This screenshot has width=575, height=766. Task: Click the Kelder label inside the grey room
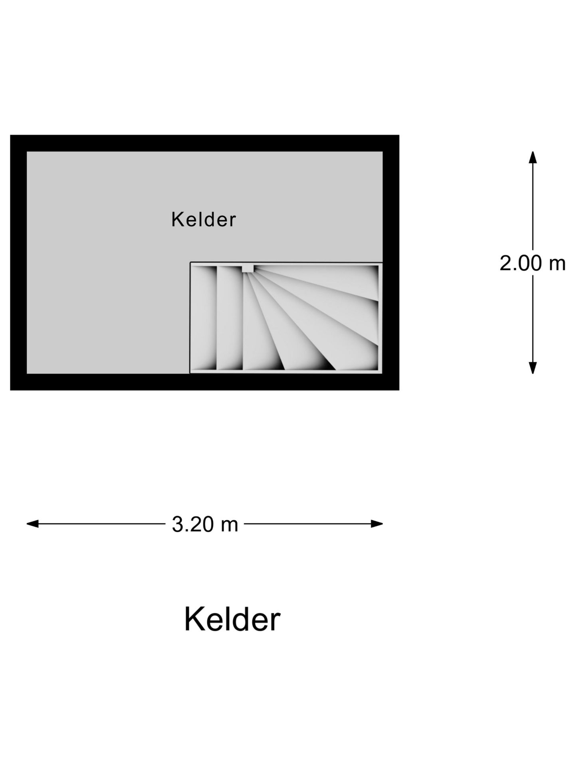[204, 219]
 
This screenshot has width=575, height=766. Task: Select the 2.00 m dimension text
[533, 263]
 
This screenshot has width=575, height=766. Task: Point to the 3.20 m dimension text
[205, 524]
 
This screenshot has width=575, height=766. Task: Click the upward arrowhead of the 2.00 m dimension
[533, 156]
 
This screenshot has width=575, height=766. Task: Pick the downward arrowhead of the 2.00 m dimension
[533, 368]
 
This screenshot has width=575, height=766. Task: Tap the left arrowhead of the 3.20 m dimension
[32, 524]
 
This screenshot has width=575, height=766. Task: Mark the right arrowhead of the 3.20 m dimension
[377, 524]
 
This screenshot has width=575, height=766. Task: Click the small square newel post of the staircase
[248, 268]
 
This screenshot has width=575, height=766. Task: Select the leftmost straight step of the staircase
[204, 318]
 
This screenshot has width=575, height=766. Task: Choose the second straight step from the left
[230, 318]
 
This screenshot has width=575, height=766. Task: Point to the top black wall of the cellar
[204, 143]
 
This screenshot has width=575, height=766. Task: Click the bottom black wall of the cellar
[204, 382]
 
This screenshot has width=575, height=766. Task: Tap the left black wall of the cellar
[18, 263]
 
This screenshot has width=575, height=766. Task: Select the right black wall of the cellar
[391, 263]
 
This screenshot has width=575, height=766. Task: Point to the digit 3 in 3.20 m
[177, 524]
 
